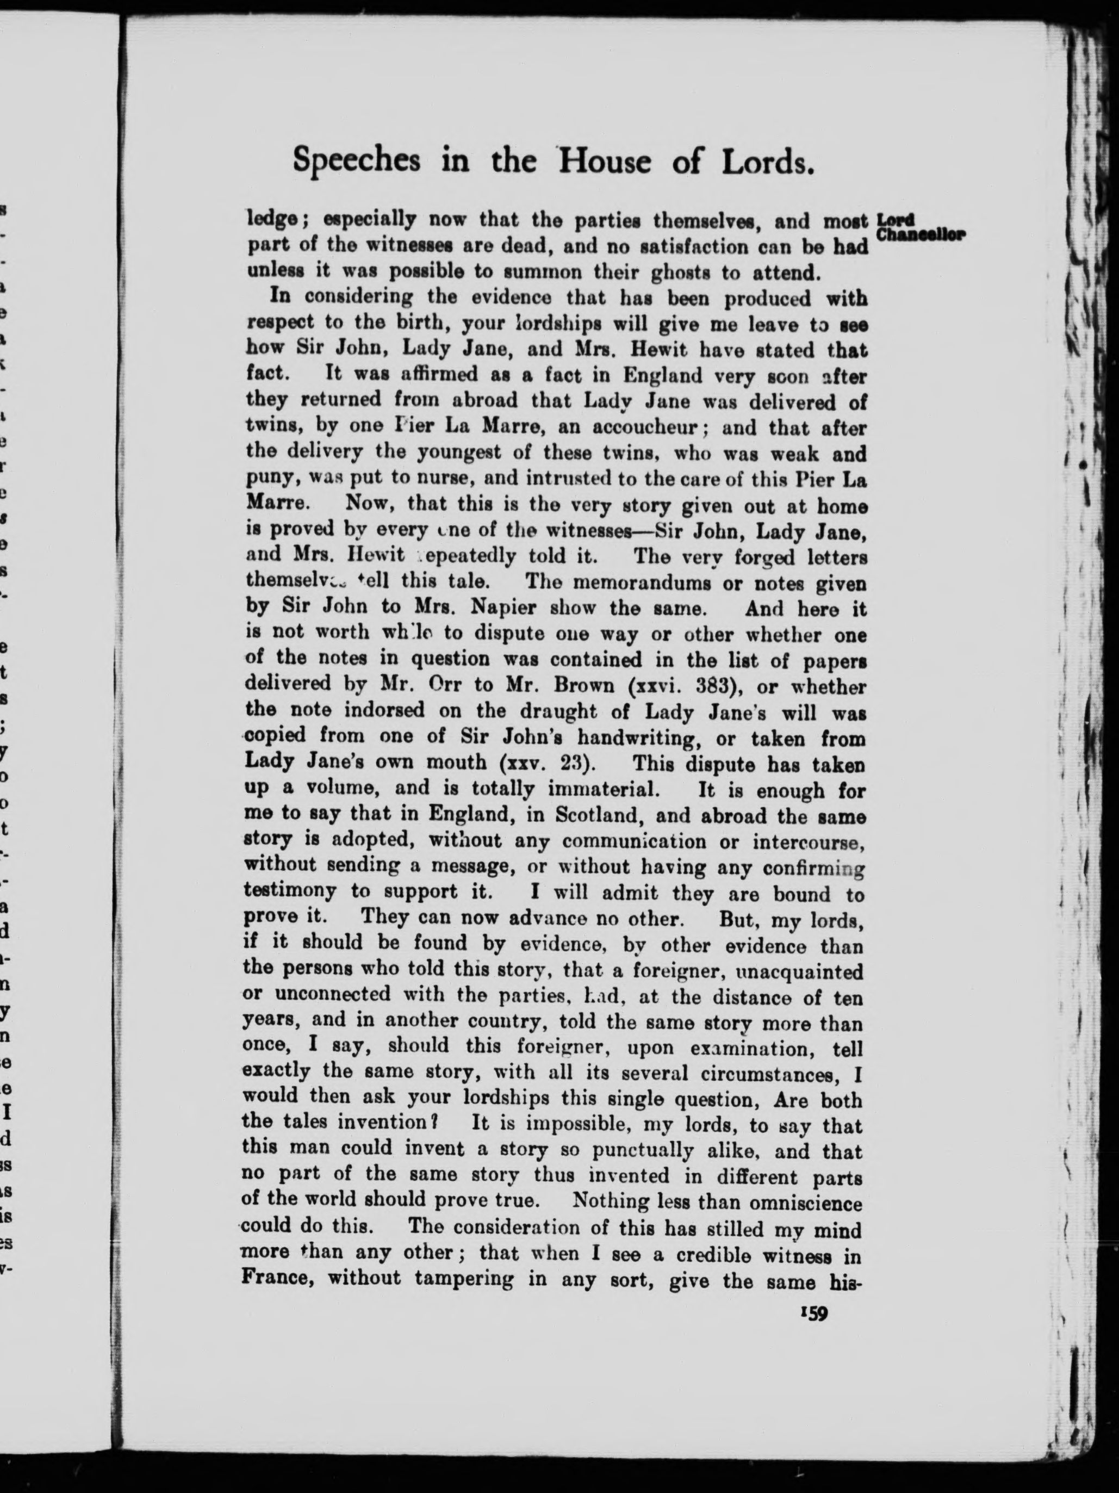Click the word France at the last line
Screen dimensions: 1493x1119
tap(277, 1278)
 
